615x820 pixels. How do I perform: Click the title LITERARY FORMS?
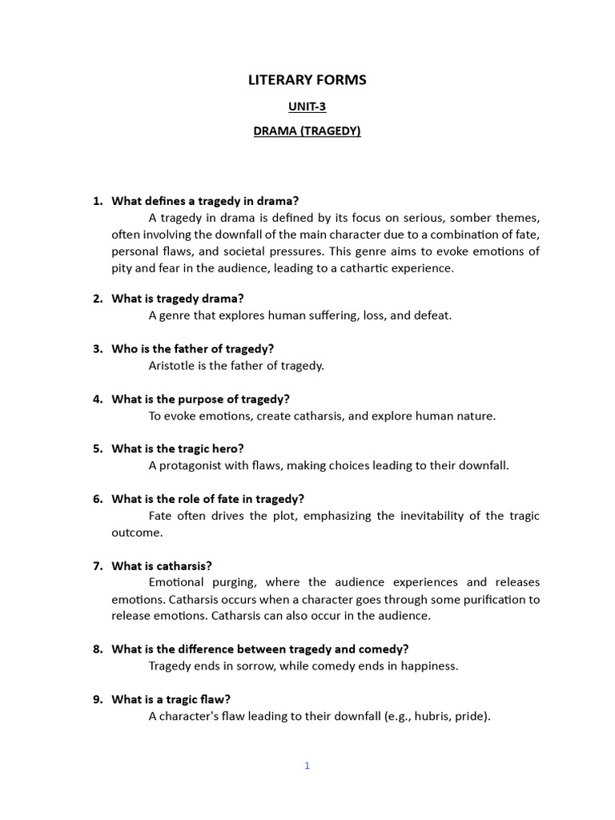click(x=307, y=79)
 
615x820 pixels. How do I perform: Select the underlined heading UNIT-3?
click(x=307, y=106)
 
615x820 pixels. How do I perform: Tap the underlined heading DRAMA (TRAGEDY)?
click(x=307, y=131)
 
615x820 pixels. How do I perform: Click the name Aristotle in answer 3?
click(x=173, y=365)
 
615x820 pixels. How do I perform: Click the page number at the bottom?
click(x=307, y=766)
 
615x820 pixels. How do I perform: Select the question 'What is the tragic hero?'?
click(x=177, y=448)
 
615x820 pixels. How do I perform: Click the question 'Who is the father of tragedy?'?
click(x=192, y=348)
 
